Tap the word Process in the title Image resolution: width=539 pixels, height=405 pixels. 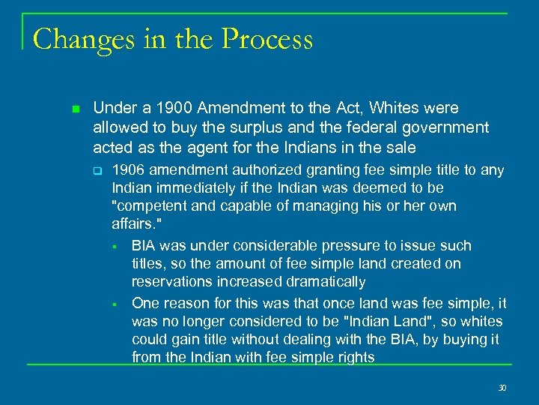267,39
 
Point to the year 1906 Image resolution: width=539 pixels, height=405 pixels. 129,170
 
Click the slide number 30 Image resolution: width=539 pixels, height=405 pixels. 502,387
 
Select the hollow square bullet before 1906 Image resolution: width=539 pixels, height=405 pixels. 97,171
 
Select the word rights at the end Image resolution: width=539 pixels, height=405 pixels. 355,358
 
